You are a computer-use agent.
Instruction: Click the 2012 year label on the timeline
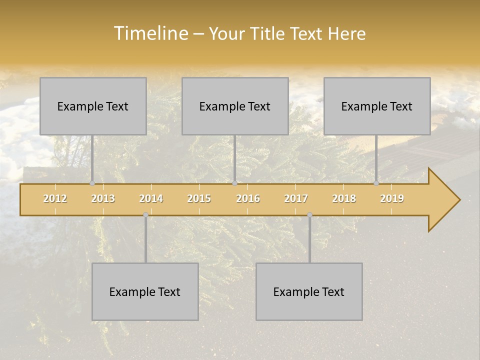[x=55, y=198]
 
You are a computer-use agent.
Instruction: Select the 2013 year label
[x=103, y=198]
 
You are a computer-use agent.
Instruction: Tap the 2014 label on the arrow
[x=151, y=198]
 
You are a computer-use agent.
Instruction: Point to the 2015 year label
[x=199, y=198]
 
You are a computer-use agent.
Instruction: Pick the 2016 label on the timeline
[x=248, y=198]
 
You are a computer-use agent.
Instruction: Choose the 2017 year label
[x=296, y=198]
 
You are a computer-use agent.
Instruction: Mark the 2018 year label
[x=344, y=198]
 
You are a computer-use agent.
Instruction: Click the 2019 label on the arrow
[x=392, y=198]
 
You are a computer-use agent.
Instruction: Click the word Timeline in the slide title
[x=150, y=33]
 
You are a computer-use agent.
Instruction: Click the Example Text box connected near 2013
[x=93, y=106]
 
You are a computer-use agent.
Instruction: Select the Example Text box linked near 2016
[x=235, y=106]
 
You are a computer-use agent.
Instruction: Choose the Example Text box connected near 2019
[x=377, y=106]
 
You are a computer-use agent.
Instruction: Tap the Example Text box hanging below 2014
[x=145, y=292]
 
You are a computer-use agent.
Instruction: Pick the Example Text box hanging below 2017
[x=309, y=292]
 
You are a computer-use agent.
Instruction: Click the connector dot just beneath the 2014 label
[x=145, y=215]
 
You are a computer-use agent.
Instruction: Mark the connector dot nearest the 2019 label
[x=376, y=183]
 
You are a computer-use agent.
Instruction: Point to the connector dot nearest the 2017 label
[x=309, y=215]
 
